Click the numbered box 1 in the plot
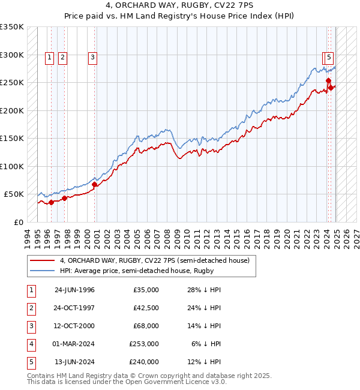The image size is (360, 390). pos(50,58)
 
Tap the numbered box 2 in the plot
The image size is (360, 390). pos(63,58)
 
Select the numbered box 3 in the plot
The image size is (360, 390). pos(93,58)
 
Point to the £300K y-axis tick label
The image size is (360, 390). pos(12,55)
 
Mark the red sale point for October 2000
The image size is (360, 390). pos(95,184)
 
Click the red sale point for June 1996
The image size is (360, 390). pos(52,202)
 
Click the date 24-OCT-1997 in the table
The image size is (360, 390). pos(74,308)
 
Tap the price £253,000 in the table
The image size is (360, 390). pos(144,344)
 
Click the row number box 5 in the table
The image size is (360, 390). pos(31,362)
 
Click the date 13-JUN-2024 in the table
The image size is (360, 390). pos(74,362)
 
